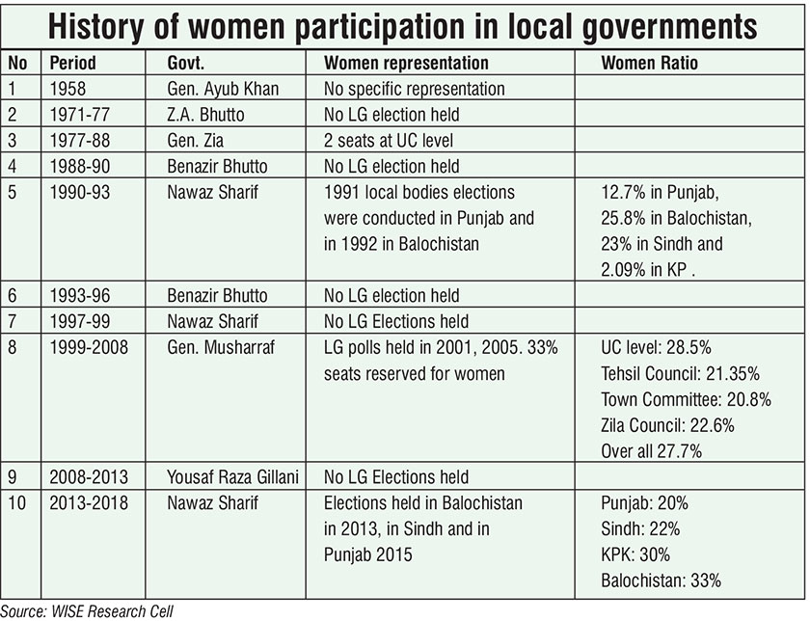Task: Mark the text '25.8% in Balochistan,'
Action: [x=675, y=219]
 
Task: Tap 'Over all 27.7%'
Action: [x=652, y=450]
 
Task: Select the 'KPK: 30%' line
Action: [x=635, y=554]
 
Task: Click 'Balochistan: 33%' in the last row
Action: [x=661, y=580]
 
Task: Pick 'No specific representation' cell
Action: [x=415, y=89]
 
